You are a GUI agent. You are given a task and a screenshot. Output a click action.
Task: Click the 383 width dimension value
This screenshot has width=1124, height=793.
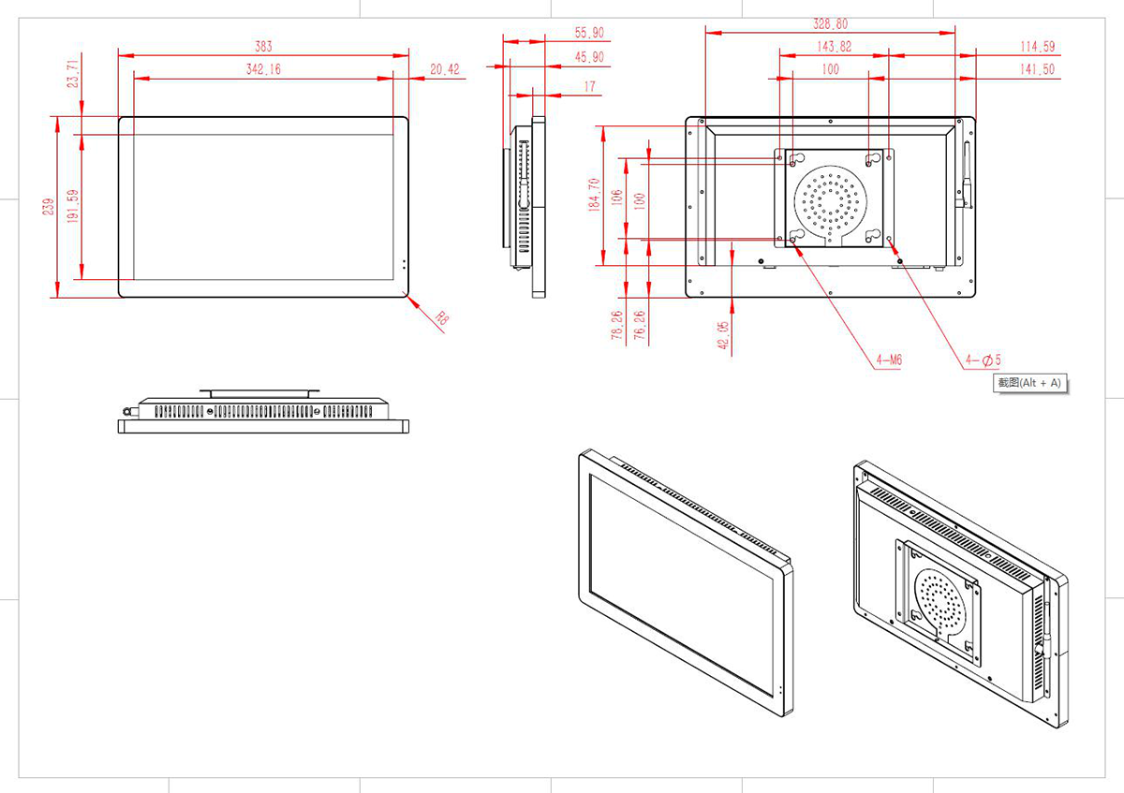click(264, 46)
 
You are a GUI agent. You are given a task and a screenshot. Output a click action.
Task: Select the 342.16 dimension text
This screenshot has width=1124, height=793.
click(263, 69)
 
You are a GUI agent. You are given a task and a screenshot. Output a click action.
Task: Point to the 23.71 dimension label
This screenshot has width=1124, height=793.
click(75, 72)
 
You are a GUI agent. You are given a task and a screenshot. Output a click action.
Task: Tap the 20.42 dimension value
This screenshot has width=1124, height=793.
click(445, 69)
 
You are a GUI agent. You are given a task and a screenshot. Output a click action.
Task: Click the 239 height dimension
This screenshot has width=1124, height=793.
click(49, 208)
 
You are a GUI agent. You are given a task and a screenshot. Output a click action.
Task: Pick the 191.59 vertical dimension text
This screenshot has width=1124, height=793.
click(74, 208)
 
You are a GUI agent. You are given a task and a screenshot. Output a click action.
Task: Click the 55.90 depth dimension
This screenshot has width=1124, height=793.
click(589, 33)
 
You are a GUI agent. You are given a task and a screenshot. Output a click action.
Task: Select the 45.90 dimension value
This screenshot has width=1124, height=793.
click(589, 58)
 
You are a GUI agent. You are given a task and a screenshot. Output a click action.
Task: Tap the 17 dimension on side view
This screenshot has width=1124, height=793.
click(589, 87)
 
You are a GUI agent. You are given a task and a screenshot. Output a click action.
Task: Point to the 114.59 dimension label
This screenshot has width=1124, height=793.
click(1037, 46)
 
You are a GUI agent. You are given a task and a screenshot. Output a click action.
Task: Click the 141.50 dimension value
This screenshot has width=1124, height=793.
click(1037, 69)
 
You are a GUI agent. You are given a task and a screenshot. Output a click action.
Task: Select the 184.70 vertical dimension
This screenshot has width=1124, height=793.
click(593, 197)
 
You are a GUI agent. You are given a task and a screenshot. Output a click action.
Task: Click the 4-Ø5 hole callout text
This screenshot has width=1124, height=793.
click(983, 359)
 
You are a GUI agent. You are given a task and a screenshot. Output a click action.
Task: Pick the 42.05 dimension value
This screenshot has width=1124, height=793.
click(723, 335)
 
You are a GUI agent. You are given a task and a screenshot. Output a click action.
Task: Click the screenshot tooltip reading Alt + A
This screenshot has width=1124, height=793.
click(1029, 383)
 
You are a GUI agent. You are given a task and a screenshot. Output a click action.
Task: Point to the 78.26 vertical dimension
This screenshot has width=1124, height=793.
click(616, 326)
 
